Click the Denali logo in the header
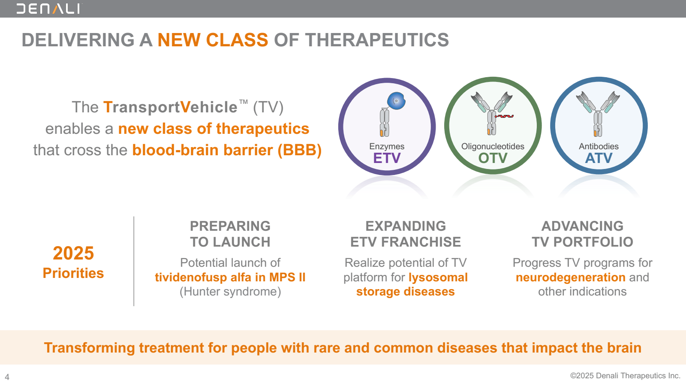pos(49,9)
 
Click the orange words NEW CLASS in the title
pos(213,40)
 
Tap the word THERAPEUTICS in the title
pos(377,40)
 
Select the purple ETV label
pos(387,158)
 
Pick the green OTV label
pos(493,158)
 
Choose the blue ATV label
pos(599,158)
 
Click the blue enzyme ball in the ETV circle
pos(396,101)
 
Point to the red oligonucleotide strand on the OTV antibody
pos(504,116)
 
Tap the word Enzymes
pos(387,146)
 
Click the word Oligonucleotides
pos(493,146)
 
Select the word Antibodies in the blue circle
pos(599,146)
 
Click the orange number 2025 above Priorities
pos(73,253)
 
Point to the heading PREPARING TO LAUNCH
pos(230,234)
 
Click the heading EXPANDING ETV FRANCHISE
pos(406,234)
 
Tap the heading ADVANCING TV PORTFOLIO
pos(582,234)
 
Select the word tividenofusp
pos(190,277)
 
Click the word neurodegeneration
pos(571,277)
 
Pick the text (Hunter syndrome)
pos(230,292)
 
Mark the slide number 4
pos(7,377)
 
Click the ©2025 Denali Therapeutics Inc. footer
pos(625,376)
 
